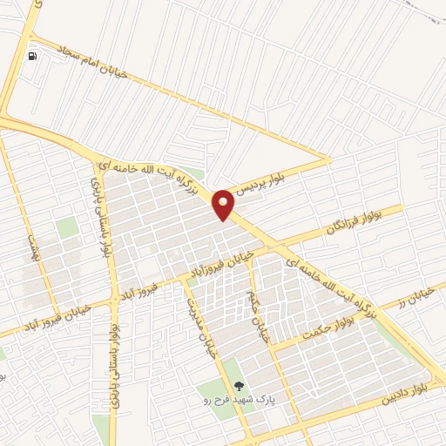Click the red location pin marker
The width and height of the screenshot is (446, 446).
[224, 204]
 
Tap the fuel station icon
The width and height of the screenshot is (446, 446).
[33, 57]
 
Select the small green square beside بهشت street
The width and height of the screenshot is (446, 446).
[67, 227]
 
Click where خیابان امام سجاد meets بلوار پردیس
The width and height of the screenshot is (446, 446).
[329, 159]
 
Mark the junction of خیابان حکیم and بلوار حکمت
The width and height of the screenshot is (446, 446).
[270, 348]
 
